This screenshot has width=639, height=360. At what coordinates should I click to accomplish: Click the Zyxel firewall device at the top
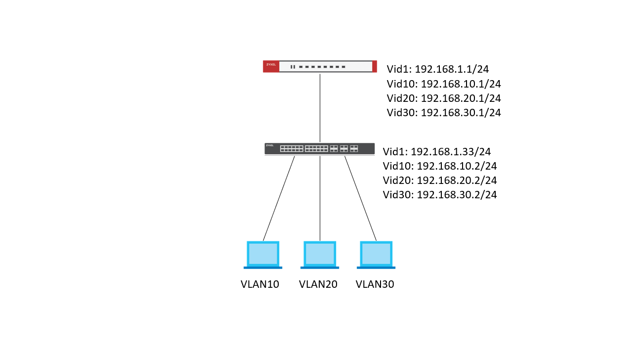pos(320,66)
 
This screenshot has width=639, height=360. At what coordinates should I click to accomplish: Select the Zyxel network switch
pos(320,148)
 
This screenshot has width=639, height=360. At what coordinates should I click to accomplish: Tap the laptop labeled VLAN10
pos(263,255)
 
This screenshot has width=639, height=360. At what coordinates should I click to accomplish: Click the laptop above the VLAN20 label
pos(320,255)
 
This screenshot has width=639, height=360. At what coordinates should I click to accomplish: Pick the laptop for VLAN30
pos(376,255)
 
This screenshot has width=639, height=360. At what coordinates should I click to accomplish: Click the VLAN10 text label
pos(260,284)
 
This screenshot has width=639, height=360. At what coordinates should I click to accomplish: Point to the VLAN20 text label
pos(318,284)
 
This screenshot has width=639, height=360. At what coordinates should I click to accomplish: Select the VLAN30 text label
pos(375,284)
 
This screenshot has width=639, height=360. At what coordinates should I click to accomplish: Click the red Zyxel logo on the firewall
pos(271,66)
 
